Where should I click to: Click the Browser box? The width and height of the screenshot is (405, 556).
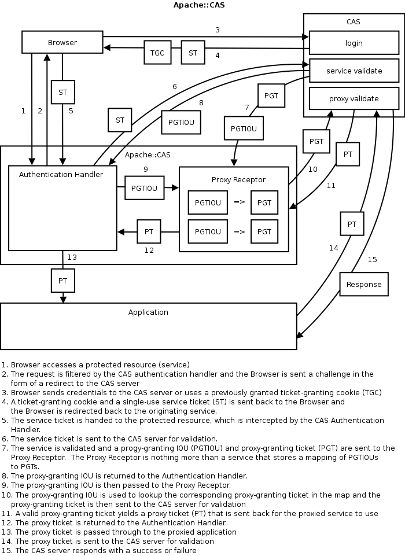tap(62, 42)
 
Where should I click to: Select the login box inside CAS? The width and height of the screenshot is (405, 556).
tap(354, 43)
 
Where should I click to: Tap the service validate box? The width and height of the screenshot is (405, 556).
tap(354, 71)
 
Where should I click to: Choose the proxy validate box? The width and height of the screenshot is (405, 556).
tap(354, 98)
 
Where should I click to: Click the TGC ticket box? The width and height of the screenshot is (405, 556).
tap(157, 53)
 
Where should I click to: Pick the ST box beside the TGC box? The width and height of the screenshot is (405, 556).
tap(193, 53)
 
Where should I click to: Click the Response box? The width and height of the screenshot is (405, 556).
tap(364, 284)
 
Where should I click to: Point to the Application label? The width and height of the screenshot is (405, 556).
tap(148, 312)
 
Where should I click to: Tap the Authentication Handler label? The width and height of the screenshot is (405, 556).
tap(61, 174)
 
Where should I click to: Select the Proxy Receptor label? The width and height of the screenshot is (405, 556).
tap(234, 180)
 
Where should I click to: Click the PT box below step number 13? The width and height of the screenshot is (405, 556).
tap(62, 281)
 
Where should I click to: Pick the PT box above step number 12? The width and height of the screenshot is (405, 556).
tap(149, 231)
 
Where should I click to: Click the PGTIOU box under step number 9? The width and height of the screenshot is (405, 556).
tap(145, 188)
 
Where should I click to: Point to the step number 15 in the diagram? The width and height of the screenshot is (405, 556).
tap(372, 259)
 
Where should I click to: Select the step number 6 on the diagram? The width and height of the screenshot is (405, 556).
tap(174, 87)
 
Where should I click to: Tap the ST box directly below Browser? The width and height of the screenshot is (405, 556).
tap(62, 91)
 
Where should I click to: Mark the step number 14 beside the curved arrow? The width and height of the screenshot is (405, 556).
tap(333, 248)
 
